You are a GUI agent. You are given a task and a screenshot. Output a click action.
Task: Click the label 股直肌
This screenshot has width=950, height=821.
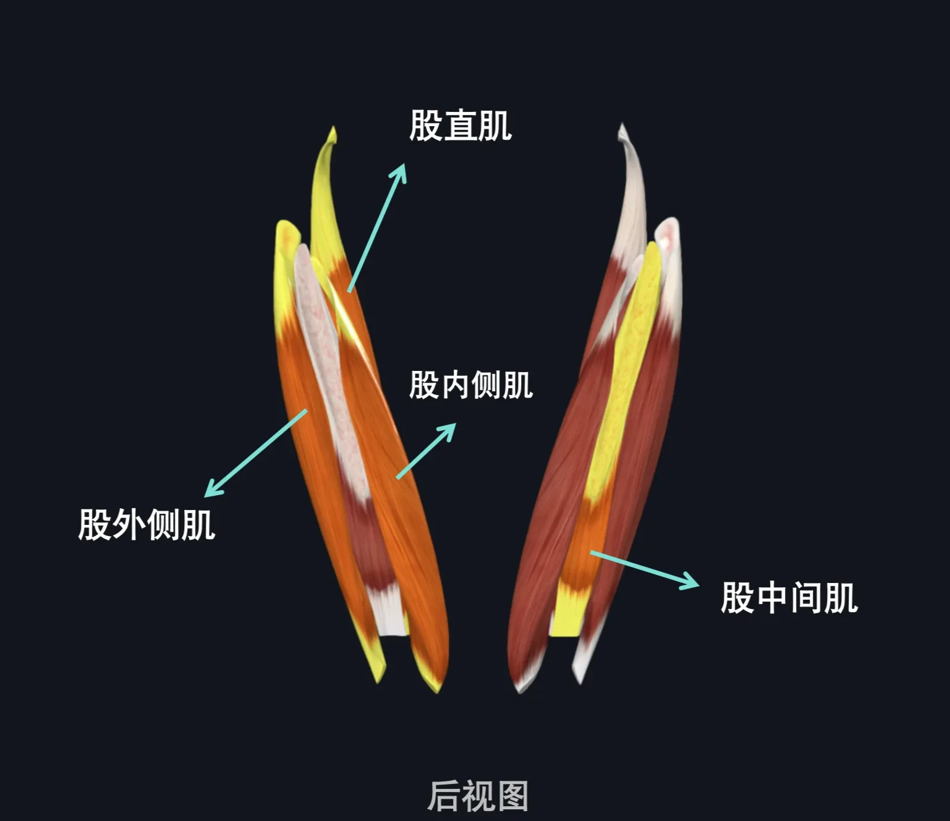460,125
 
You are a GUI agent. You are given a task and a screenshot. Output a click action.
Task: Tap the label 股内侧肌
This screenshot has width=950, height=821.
471,385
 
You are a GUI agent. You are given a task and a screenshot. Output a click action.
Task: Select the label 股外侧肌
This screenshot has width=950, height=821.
146,524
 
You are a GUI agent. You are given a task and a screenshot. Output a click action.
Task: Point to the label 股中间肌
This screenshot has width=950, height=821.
789,598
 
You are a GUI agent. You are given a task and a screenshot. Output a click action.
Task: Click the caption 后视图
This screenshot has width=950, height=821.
478,796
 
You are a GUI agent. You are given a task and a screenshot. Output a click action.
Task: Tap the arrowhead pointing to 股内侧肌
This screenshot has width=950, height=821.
447,431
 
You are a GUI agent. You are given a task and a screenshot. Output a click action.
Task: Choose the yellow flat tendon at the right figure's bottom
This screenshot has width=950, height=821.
567,611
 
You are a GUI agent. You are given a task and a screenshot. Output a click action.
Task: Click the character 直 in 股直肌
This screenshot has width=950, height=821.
460,125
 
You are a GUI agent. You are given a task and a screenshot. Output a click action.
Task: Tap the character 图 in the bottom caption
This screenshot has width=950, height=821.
512,796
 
